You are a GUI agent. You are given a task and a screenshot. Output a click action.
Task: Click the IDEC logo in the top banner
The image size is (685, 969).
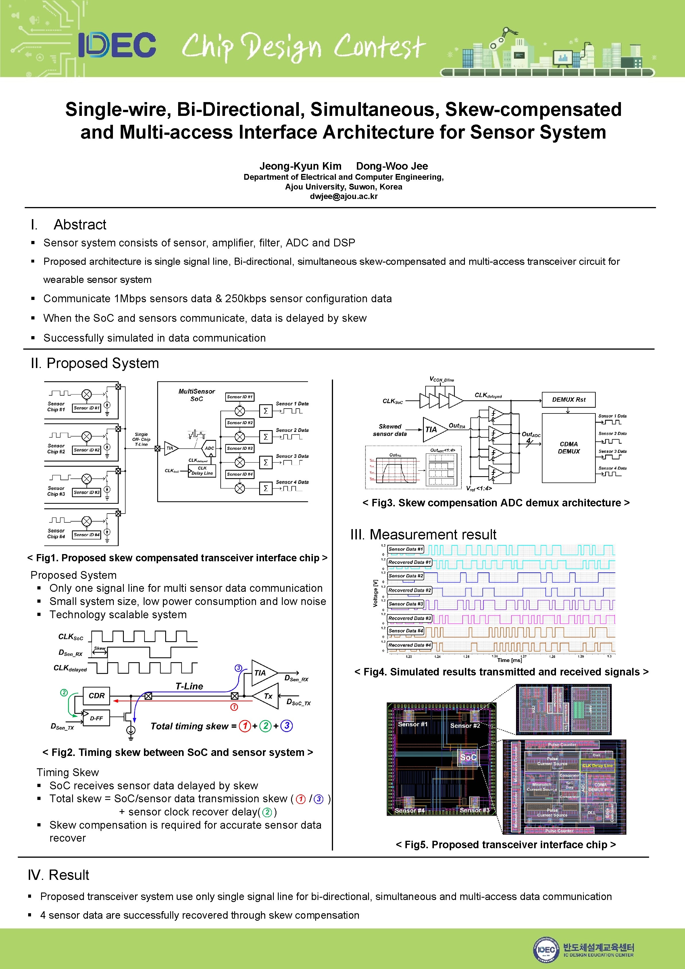[x=117, y=45]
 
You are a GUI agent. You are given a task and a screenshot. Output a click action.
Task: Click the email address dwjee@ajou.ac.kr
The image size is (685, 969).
[x=343, y=196]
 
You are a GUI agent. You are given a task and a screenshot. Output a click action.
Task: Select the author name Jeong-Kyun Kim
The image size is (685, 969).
[x=300, y=166]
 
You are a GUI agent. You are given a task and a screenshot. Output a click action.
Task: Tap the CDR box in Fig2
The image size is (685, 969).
[x=97, y=696]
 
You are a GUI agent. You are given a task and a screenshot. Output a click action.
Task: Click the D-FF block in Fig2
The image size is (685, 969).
[x=96, y=718]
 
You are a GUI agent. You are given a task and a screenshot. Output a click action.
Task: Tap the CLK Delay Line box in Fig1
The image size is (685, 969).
[x=202, y=471]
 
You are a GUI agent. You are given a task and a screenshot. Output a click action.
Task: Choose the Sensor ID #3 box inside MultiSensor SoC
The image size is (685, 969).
[x=240, y=448]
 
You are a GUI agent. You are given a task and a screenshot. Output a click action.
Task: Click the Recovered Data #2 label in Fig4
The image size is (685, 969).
[x=409, y=590]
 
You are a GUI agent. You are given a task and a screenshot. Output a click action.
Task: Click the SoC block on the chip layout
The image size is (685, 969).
[x=468, y=757]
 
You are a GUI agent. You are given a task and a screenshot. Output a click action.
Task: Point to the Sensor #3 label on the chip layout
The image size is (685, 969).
[x=474, y=810]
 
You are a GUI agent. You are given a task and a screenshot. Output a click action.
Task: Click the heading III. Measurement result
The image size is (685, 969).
[x=423, y=534]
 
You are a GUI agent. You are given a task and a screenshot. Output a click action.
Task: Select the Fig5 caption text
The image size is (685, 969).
[x=505, y=844]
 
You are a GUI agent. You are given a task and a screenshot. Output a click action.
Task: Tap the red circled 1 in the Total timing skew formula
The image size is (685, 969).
[x=245, y=726]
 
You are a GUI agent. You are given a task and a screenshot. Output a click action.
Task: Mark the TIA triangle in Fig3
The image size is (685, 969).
[x=433, y=430]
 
